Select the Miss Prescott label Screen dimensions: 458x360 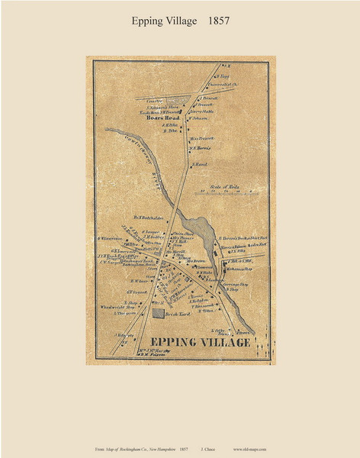[201, 137]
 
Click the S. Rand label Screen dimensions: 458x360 [200, 165]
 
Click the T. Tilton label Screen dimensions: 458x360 [207, 311]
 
